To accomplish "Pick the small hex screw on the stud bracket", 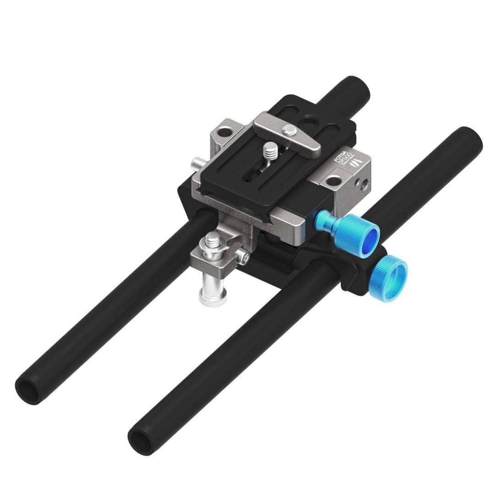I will point(246,259).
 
